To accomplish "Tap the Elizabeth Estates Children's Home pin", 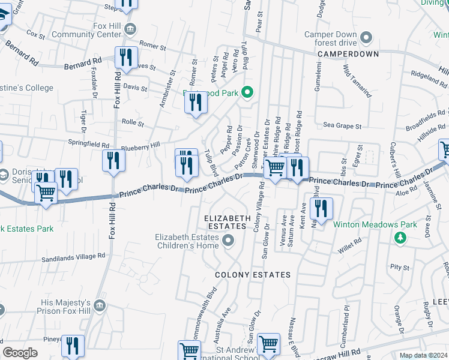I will click(x=228, y=241).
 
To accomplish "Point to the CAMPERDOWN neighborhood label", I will click(x=348, y=54).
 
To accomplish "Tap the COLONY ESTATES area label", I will click(x=253, y=275).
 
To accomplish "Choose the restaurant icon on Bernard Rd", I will click(x=125, y=58).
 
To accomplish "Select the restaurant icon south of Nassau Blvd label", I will click(x=322, y=209).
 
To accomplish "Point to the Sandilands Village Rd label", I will click(x=73, y=256).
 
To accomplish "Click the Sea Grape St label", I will click(x=343, y=127).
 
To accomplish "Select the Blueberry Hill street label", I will click(x=140, y=145).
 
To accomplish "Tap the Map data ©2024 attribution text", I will click(x=423, y=355).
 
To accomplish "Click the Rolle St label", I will click(x=133, y=124).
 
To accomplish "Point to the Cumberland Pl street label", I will click(x=346, y=317).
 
